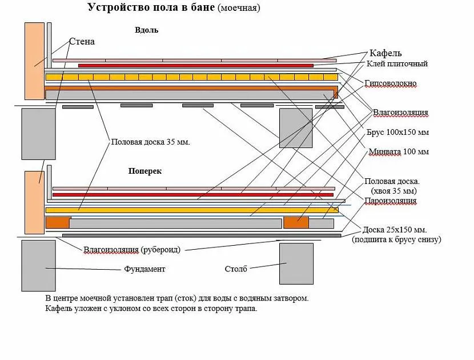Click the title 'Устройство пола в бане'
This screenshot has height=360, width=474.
(x=151, y=8)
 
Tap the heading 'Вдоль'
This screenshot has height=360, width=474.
(x=147, y=30)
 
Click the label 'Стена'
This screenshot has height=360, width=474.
(x=82, y=42)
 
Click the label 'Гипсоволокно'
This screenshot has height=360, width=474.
(x=391, y=84)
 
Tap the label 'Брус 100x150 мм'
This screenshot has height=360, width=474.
(x=397, y=132)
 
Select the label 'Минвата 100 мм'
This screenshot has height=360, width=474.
(x=397, y=152)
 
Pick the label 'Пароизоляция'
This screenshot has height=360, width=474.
(x=391, y=201)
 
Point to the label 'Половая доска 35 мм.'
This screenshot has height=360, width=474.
(x=150, y=142)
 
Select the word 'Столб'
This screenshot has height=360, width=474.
(x=236, y=269)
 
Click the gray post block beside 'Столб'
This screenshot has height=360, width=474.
(x=296, y=263)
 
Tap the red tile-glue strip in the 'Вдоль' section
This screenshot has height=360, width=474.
(x=195, y=66)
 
